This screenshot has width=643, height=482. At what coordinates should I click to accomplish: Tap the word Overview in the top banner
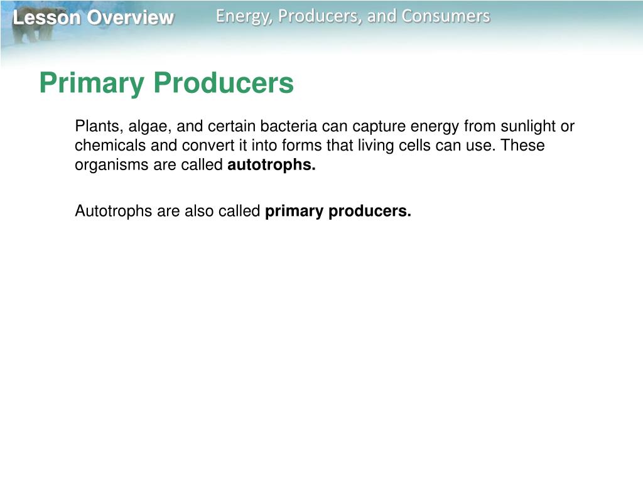coord(131,18)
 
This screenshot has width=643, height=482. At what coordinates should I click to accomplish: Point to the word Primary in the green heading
coord(90,83)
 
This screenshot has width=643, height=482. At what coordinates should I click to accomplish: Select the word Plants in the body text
coord(92,127)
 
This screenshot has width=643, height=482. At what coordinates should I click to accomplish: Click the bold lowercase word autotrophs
coord(271,166)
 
